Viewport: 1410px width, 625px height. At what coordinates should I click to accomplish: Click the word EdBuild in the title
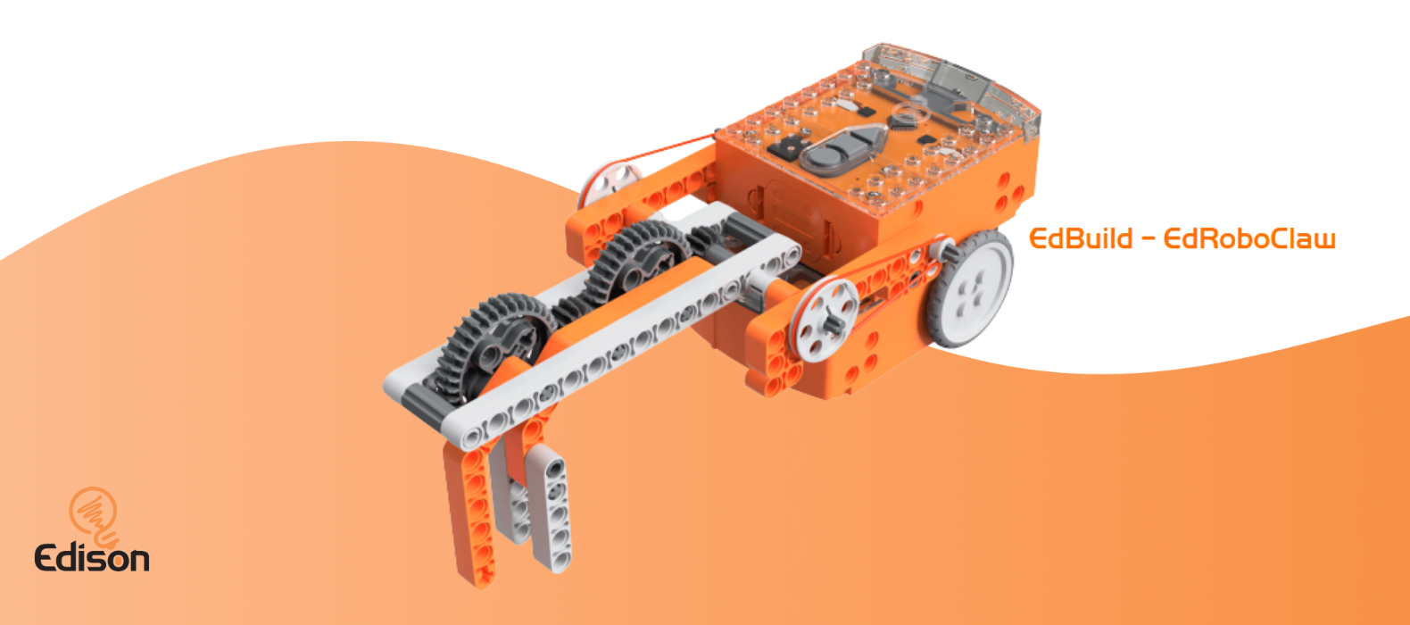coord(1081,238)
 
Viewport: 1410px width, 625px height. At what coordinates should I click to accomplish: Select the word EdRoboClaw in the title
coord(1249,238)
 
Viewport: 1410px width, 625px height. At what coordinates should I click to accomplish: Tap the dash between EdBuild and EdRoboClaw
coord(1149,239)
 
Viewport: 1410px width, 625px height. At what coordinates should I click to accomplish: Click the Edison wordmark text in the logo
coord(92,557)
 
